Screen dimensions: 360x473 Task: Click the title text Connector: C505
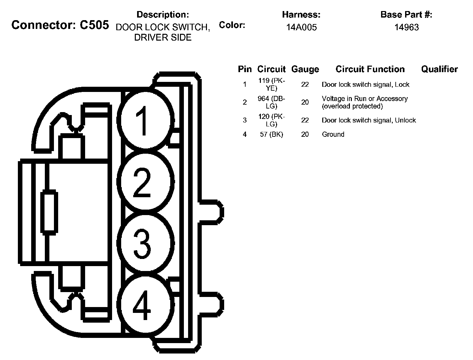pos(60,25)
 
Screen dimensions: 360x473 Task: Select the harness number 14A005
pos(301,28)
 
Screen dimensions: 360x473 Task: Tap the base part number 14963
pos(406,28)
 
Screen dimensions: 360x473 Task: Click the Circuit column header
pos(271,69)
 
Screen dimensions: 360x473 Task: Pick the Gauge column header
pos(305,69)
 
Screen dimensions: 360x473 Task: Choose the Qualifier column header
pos(439,69)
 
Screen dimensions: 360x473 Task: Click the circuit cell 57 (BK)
pos(272,135)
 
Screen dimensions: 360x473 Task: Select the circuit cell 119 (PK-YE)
pos(272,84)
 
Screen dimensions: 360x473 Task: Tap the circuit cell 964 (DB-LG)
pos(272,102)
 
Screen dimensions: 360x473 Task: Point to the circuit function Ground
pos(333,135)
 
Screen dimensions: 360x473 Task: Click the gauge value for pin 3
pos(305,120)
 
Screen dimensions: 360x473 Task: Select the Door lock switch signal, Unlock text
pos(369,120)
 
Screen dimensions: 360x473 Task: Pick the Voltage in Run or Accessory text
pos(364,99)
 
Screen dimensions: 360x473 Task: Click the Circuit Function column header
pos(370,69)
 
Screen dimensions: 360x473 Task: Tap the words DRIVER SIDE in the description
pos(163,38)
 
